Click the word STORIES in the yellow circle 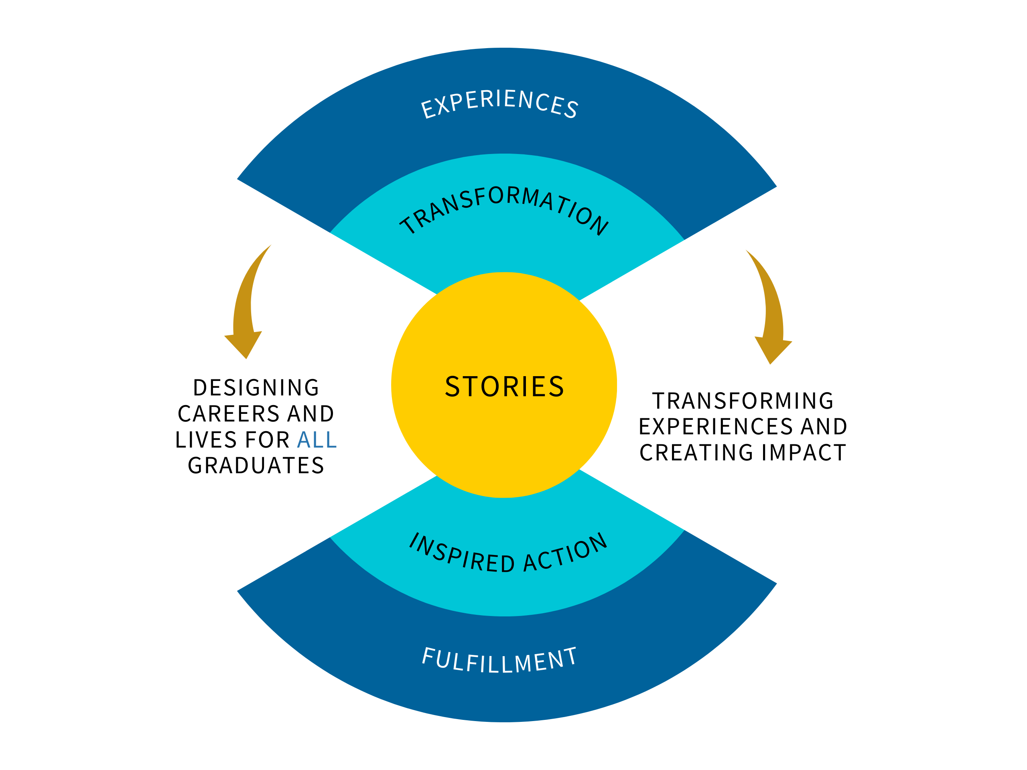click(504, 387)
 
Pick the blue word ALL click(317, 440)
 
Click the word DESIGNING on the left click(256, 388)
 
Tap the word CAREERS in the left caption click(228, 414)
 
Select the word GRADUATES click(256, 466)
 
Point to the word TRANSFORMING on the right click(743, 401)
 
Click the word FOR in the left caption click(268, 440)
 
